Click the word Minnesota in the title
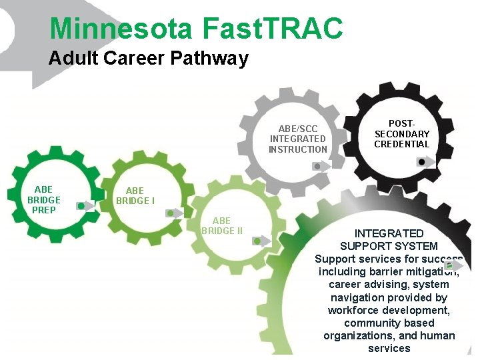(x=121, y=28)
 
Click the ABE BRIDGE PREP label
(x=44, y=199)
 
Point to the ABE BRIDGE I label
(x=135, y=195)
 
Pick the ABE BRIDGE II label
(x=221, y=225)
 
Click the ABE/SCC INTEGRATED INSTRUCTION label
(x=298, y=139)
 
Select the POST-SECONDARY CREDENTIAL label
(x=401, y=133)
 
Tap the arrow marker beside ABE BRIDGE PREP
(x=83, y=206)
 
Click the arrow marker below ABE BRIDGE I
(x=173, y=213)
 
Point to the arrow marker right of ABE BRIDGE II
(x=261, y=241)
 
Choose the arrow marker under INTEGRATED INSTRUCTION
(x=321, y=167)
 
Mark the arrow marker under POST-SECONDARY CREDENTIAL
(x=424, y=162)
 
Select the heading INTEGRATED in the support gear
(x=389, y=233)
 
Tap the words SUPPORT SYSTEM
(x=389, y=246)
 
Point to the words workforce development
(x=389, y=310)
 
